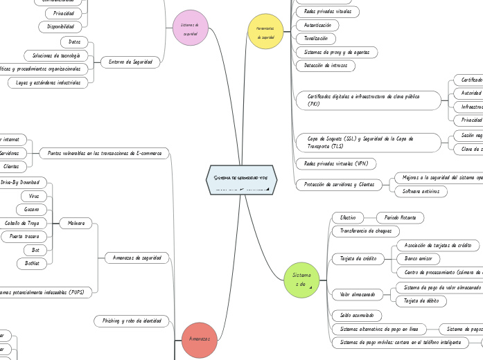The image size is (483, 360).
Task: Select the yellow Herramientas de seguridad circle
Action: pyautogui.click(x=265, y=32)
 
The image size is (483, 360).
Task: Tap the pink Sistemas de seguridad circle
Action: pyautogui.click(x=190, y=28)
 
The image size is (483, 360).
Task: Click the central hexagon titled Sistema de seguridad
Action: pyautogui.click(x=241, y=181)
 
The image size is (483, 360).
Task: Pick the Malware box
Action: pyautogui.click(x=76, y=224)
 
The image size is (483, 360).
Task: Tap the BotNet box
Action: pyautogui.click(x=33, y=263)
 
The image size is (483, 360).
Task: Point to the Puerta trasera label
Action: pyautogui.click(x=24, y=236)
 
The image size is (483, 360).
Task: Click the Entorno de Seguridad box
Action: pyautogui.click(x=131, y=62)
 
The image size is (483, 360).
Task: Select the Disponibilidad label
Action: pyautogui.click(x=61, y=26)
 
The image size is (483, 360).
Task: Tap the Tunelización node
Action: pyautogui.click(x=311, y=38)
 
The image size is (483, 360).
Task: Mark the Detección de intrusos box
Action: pyautogui.click(x=325, y=66)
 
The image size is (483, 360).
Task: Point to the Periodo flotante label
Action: pyautogui.click(x=399, y=217)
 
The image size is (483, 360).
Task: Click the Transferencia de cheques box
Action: pyautogui.click(x=366, y=231)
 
